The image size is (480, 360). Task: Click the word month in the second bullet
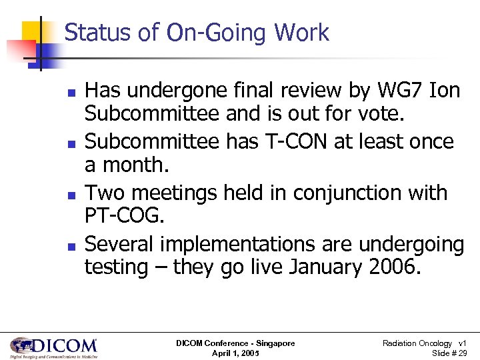point(135,165)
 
